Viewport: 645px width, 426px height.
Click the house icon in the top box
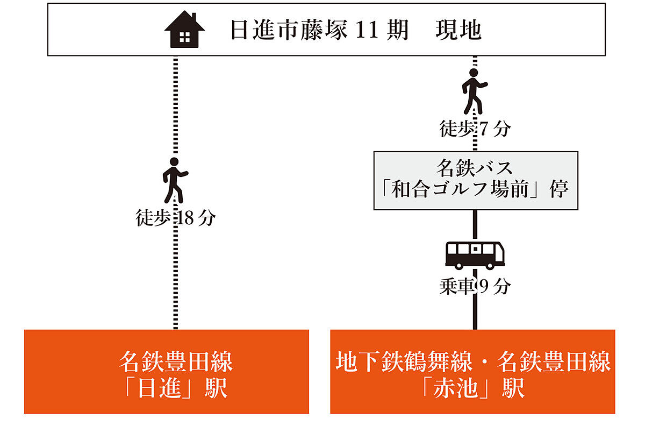click(184, 30)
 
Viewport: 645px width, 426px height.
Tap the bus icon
click(475, 255)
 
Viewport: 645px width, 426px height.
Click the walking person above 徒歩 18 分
click(175, 180)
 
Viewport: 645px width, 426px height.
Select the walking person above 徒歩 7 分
click(475, 91)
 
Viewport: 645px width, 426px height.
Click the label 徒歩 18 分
click(175, 218)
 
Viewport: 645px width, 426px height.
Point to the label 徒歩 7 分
click(475, 129)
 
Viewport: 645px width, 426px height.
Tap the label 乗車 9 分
click(475, 287)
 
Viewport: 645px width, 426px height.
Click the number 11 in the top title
click(367, 30)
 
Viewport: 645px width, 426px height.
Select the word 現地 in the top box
click(458, 30)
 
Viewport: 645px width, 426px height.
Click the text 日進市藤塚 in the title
click(289, 30)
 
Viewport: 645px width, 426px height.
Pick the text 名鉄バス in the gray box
click(475, 168)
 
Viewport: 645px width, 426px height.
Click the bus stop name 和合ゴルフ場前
click(460, 189)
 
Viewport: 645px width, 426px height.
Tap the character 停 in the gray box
click(559, 189)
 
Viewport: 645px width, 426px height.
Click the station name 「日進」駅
click(176, 388)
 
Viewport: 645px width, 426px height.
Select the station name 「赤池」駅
click(472, 388)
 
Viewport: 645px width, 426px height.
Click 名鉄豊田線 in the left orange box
click(176, 361)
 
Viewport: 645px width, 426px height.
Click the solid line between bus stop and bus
click(475, 226)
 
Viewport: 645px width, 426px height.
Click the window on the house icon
click(184, 37)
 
